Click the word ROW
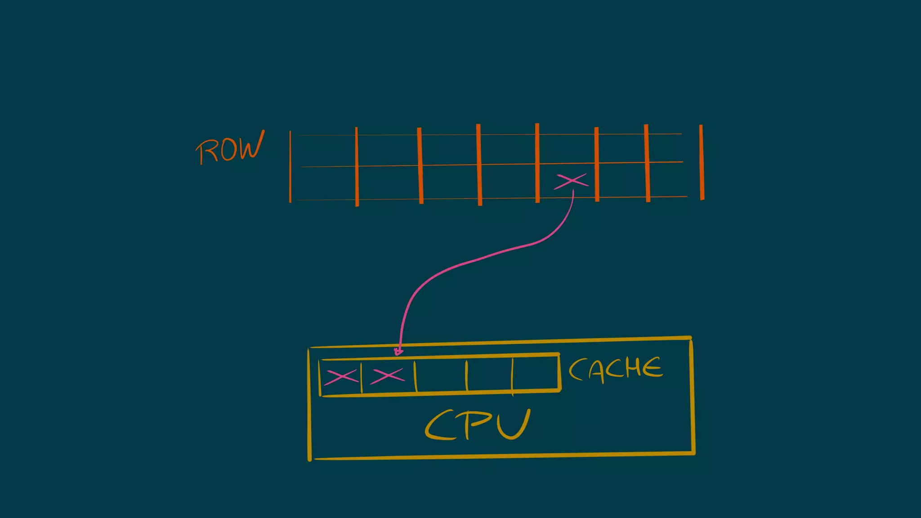click(230, 148)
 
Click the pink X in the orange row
click(571, 181)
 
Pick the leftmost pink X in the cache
click(340, 377)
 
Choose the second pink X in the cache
click(387, 376)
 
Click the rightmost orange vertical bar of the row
click(702, 162)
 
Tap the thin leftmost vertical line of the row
click(290, 166)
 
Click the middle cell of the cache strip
click(441, 375)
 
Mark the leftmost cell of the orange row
click(323, 167)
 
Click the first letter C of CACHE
click(577, 370)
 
